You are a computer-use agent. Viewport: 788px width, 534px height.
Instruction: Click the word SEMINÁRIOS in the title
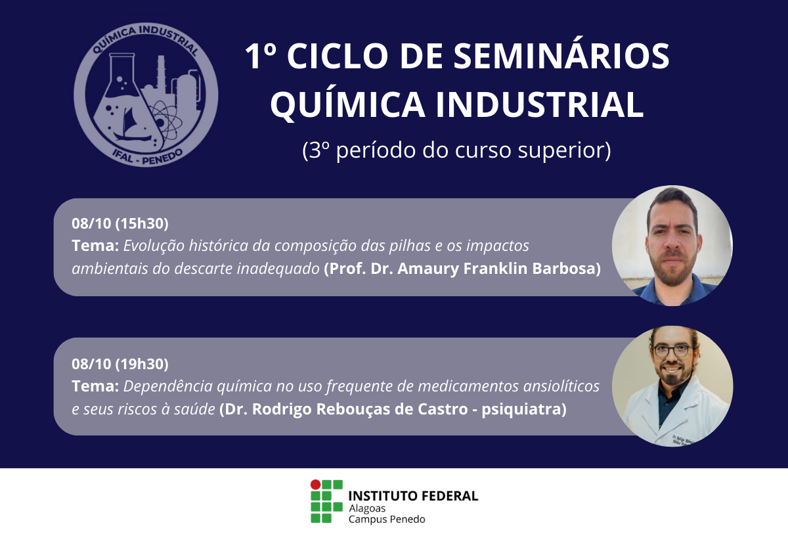click(561, 56)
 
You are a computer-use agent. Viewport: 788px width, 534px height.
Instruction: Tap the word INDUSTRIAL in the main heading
click(540, 104)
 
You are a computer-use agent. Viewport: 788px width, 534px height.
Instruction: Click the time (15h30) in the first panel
click(142, 224)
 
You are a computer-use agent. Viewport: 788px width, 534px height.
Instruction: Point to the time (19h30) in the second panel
click(142, 364)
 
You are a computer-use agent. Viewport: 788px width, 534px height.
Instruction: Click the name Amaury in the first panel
click(427, 269)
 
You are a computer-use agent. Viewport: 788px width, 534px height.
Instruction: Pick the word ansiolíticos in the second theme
click(561, 386)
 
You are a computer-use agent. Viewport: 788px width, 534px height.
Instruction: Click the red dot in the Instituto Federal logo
click(316, 484)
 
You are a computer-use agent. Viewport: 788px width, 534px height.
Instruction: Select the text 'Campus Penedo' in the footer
click(387, 520)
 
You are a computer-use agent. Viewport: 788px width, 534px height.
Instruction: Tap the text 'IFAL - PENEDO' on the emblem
click(147, 157)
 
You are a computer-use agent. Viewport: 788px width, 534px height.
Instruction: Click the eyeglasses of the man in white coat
click(672, 351)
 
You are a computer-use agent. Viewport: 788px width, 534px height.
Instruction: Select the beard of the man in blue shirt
click(672, 270)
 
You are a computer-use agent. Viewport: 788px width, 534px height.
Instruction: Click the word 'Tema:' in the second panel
click(95, 386)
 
